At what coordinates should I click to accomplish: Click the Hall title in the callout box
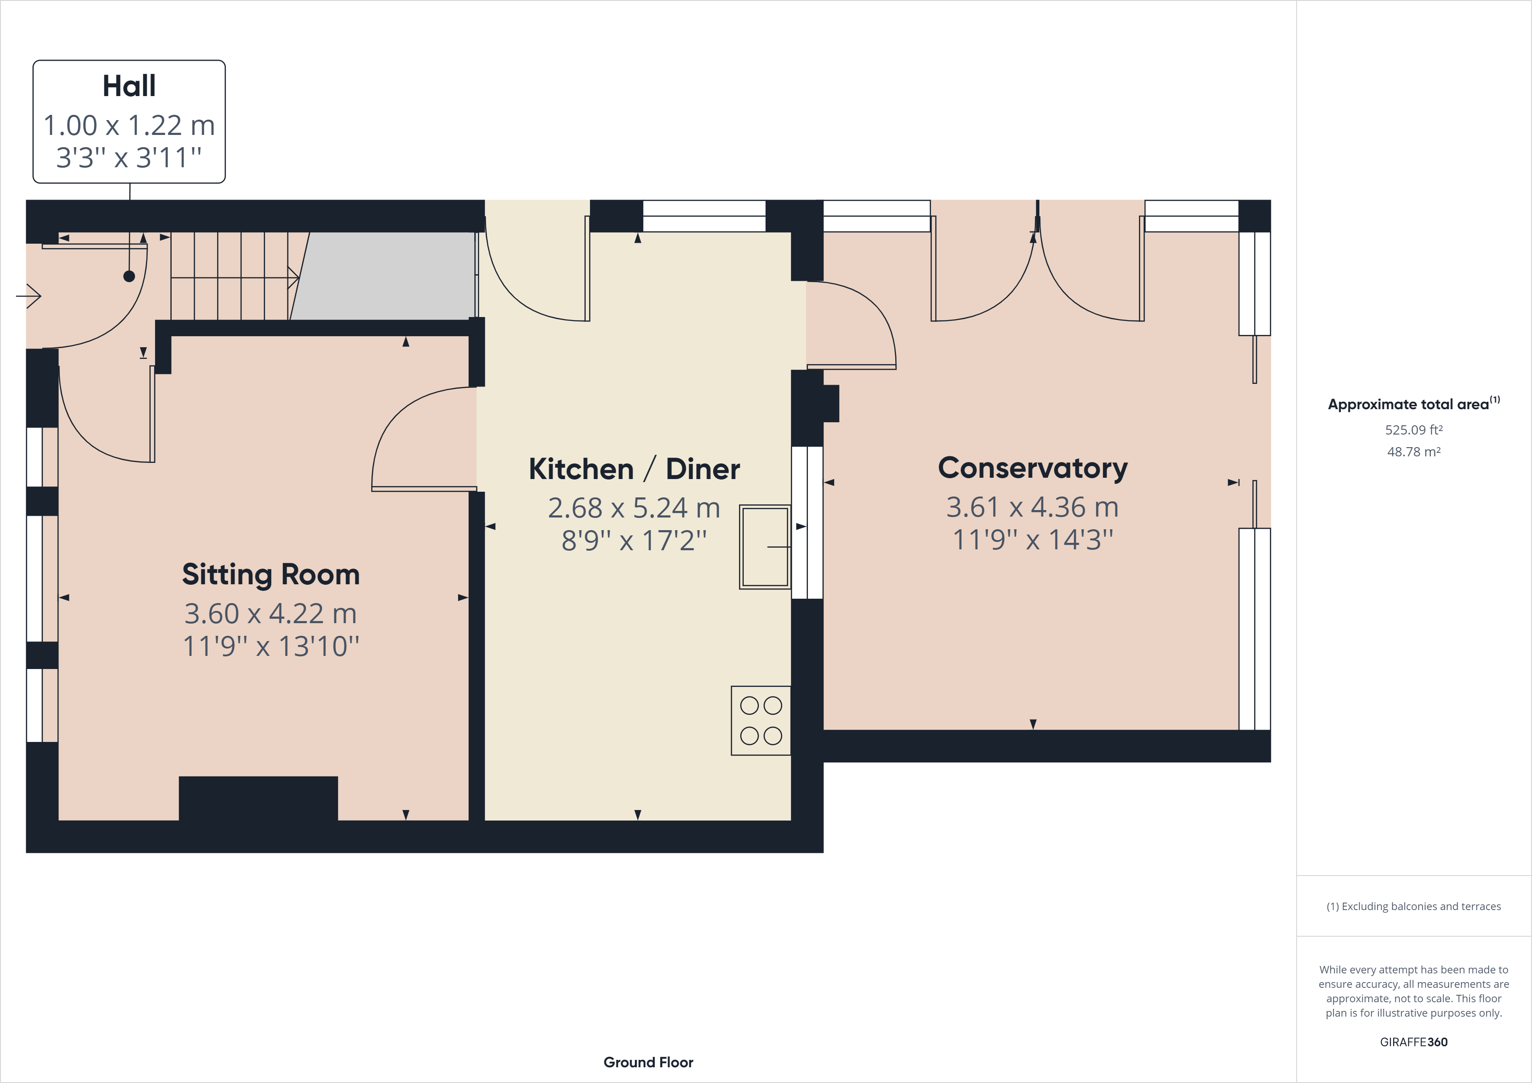[x=129, y=86]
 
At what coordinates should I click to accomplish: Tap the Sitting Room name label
[x=270, y=575]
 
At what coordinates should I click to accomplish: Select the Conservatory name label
[x=1032, y=469]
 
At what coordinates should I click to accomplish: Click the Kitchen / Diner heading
[x=634, y=469]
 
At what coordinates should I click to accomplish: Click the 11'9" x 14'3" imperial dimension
[x=1032, y=540]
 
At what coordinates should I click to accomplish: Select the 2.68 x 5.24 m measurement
[x=634, y=508]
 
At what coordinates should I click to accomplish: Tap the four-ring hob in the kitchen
[x=761, y=721]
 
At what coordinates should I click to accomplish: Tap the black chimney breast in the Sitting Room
[x=258, y=798]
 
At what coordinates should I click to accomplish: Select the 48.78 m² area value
[x=1413, y=452]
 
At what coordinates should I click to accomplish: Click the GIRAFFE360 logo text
[x=1413, y=1042]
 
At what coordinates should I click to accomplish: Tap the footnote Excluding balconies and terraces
[x=1413, y=906]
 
